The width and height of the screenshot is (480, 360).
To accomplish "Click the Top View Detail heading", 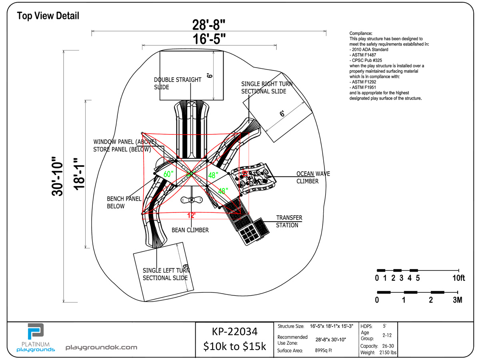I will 48,16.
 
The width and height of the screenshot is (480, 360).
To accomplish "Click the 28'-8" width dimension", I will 208,25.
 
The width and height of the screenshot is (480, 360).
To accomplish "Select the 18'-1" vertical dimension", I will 81,172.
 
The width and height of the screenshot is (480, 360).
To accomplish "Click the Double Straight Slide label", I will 178,83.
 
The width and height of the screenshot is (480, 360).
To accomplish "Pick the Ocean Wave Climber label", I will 313,177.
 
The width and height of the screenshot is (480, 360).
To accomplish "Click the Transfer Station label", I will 289,221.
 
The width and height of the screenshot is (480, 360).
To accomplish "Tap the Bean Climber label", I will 190,230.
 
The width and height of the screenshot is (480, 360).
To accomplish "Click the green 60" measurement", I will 169,174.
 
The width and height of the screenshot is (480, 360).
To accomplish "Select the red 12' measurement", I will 191,216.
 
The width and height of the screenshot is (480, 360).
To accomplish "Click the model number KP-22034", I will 234,331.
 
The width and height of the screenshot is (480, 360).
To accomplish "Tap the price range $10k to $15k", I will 234,346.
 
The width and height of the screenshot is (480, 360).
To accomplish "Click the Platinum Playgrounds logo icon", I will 35,332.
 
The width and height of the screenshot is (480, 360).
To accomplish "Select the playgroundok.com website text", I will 101,348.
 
